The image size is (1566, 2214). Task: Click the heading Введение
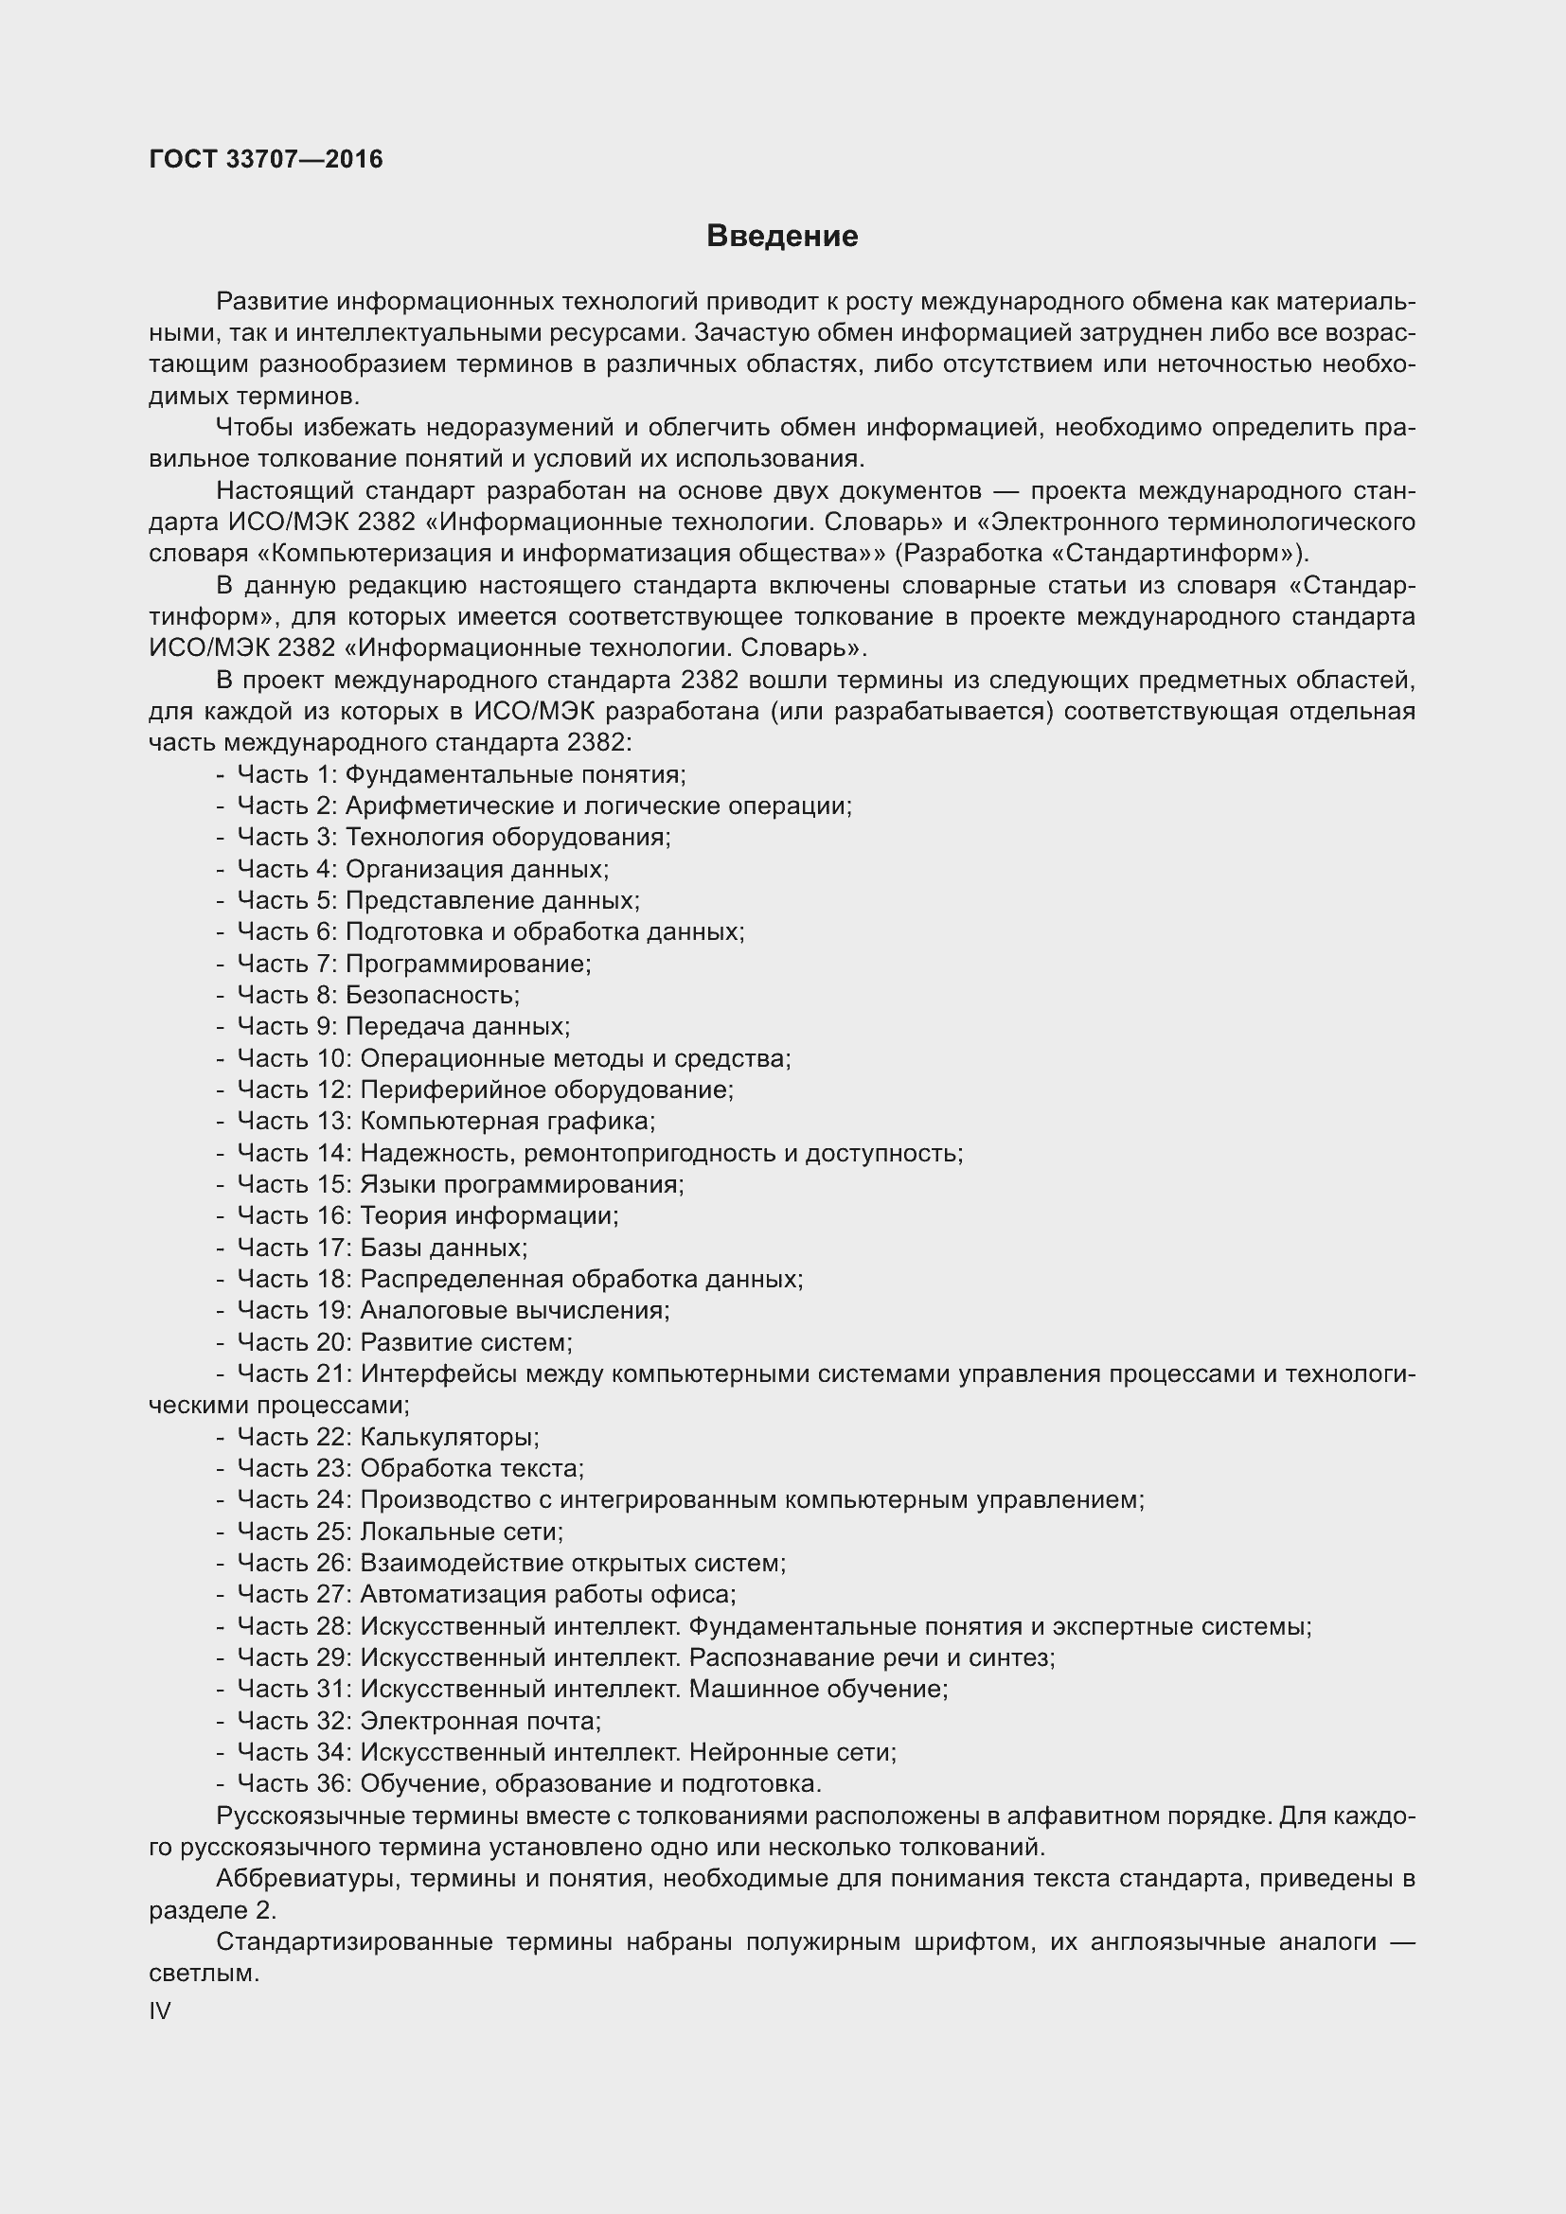782,237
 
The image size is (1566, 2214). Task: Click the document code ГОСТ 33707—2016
266,159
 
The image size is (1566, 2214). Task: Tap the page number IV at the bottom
160,2010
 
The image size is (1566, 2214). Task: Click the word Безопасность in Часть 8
431,995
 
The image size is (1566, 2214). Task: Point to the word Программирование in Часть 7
467,964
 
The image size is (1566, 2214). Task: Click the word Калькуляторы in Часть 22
449,1437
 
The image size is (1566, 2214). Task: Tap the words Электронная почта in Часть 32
479,1720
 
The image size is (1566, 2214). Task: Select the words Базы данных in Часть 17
442,1248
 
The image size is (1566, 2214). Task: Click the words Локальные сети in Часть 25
461,1532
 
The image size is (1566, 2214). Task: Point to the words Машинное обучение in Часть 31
818,1689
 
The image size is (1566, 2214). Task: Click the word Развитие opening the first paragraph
273,302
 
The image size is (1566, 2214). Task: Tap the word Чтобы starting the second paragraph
254,427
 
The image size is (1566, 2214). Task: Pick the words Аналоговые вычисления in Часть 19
513,1310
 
